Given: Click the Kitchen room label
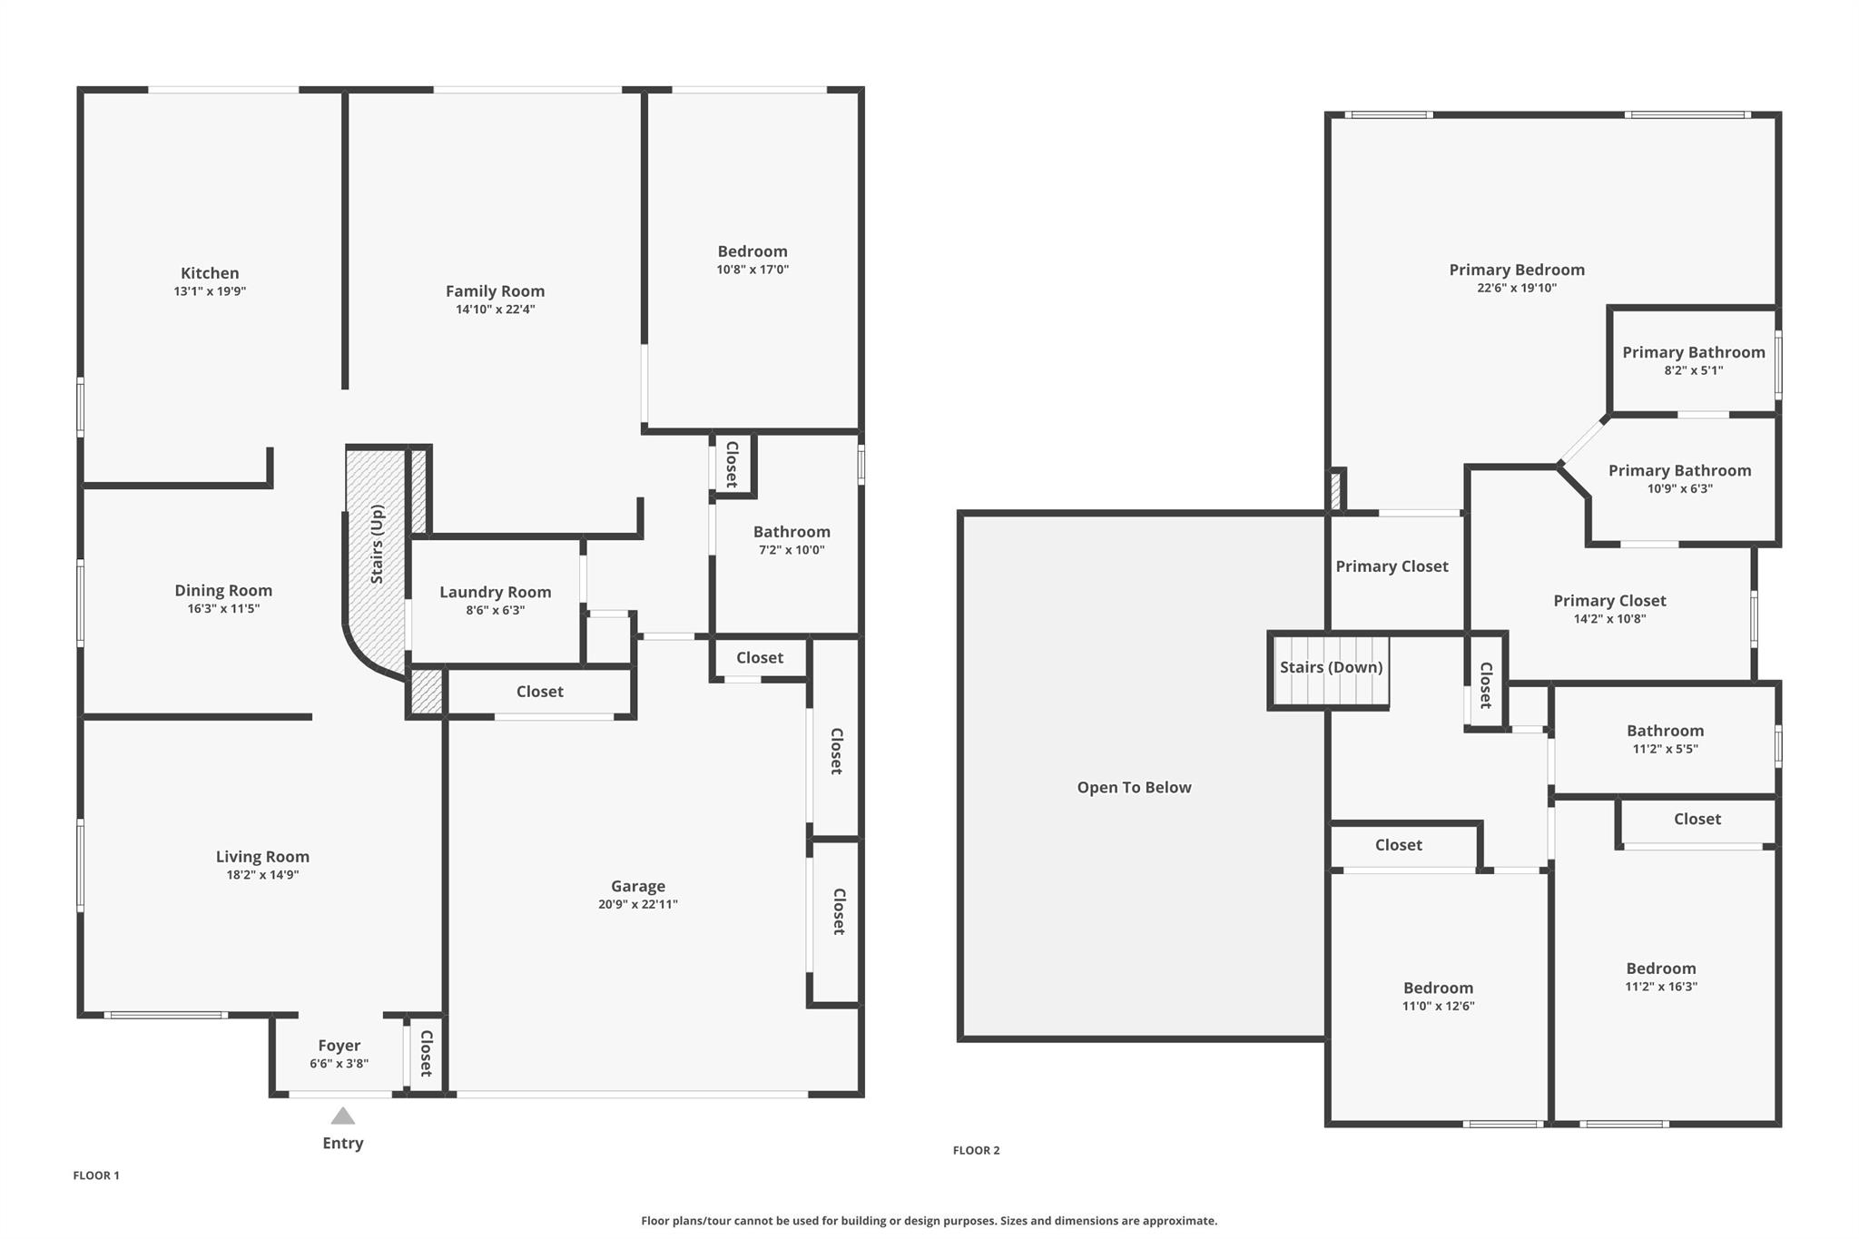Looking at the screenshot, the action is [x=210, y=273].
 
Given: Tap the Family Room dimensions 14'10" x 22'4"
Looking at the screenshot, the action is [x=495, y=310].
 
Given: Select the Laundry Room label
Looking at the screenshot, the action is [x=496, y=592].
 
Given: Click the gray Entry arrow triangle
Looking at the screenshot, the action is [x=342, y=1116].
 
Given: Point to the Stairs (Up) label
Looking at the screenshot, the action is [x=377, y=544].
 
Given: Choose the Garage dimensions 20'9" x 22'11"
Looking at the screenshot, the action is [x=638, y=904].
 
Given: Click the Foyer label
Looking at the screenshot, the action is [x=339, y=1046].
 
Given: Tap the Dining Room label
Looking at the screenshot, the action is [x=223, y=590].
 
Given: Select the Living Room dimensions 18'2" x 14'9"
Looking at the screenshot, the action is [x=262, y=875].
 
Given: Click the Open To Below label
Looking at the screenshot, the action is [x=1134, y=787].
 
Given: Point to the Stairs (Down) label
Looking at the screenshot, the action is [x=1332, y=667].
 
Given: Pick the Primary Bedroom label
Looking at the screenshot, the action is [x=1517, y=270].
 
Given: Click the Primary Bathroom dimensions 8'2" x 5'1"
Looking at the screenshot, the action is [x=1694, y=370].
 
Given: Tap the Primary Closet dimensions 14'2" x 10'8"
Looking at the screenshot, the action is [x=1609, y=619].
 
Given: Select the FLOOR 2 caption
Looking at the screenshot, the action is [x=976, y=1150].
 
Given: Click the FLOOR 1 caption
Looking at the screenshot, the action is [x=96, y=1175].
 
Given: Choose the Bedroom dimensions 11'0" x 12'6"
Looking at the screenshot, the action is [x=1438, y=1006].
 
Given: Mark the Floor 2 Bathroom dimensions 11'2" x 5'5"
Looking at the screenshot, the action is [x=1665, y=749].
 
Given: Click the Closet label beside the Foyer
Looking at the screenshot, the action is [x=425, y=1053].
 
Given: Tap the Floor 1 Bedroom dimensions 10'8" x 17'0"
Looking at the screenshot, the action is [x=752, y=270].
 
